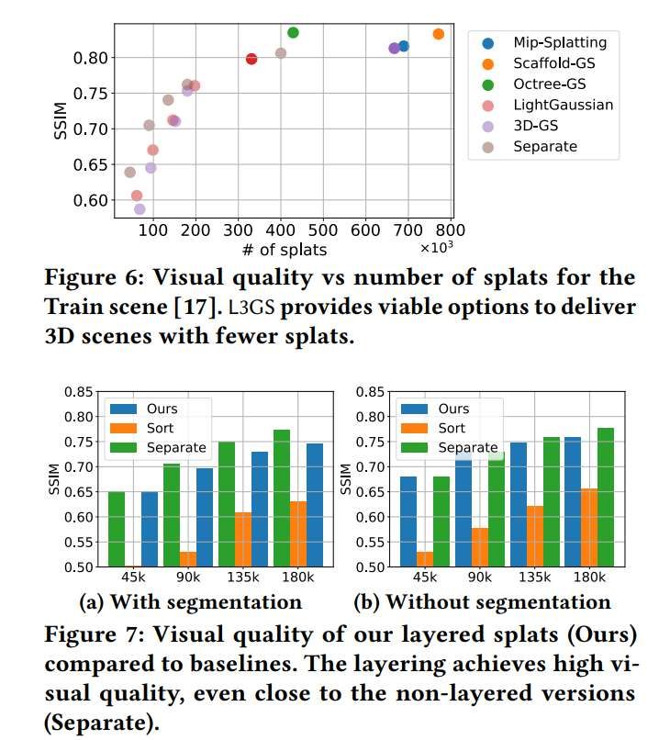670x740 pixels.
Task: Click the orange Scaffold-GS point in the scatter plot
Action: click(439, 34)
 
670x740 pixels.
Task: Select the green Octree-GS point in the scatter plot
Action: click(293, 33)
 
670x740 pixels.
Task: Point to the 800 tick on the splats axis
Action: click(452, 230)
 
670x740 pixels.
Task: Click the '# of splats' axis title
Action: click(284, 249)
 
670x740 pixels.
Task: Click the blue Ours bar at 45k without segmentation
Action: click(408, 521)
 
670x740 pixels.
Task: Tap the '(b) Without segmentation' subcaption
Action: click(482, 602)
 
